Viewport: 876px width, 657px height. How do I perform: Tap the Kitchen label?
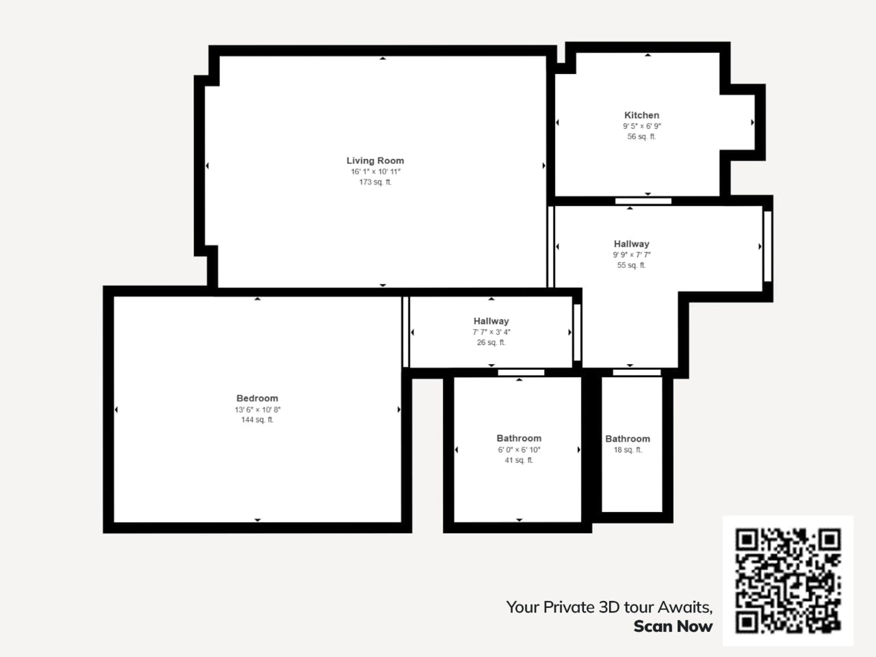(x=641, y=115)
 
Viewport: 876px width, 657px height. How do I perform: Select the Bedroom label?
(x=257, y=398)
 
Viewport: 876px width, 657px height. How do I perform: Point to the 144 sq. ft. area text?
(x=257, y=420)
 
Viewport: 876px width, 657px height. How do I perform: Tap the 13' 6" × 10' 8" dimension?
(x=257, y=409)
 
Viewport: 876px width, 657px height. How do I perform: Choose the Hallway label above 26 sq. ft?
(x=491, y=321)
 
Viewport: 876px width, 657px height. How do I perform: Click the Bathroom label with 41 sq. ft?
(x=519, y=438)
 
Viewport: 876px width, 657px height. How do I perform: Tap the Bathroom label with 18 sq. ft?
(x=628, y=439)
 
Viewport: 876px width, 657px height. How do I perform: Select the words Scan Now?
(x=673, y=626)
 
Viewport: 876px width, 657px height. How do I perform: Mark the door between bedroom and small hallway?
(x=406, y=332)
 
